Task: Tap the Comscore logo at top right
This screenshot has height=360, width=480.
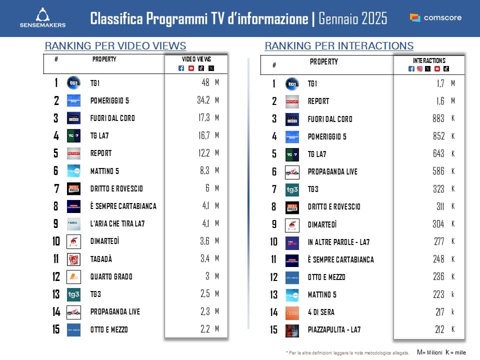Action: click(x=435, y=17)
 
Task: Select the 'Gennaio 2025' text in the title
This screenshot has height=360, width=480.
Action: click(x=352, y=18)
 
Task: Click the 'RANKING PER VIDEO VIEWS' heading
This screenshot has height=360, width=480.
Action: click(x=115, y=46)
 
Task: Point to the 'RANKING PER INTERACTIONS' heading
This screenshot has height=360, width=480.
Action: click(x=339, y=46)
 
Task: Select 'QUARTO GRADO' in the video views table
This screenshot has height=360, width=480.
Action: click(x=111, y=276)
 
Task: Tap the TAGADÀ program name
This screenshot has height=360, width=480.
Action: click(x=101, y=259)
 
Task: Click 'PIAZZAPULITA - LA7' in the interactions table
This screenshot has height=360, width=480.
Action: click(x=334, y=329)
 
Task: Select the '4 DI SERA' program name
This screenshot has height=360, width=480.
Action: click(x=321, y=312)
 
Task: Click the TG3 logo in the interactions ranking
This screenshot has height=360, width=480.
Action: click(x=292, y=189)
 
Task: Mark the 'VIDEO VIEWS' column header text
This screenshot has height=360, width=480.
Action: click(x=196, y=59)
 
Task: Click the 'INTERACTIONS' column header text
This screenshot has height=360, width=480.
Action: click(x=429, y=60)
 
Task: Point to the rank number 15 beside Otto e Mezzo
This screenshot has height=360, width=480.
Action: click(x=56, y=329)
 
